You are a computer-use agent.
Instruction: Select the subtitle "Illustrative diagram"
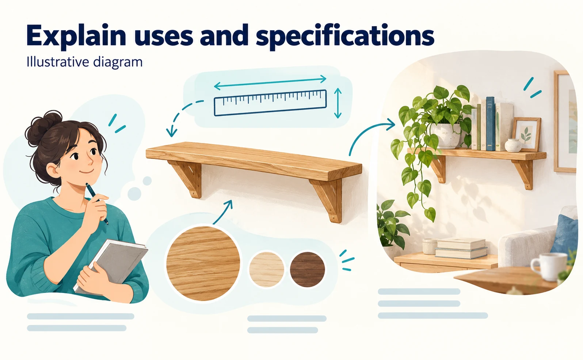click(85, 62)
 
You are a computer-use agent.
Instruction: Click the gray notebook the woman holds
click(111, 267)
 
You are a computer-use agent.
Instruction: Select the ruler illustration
click(270, 103)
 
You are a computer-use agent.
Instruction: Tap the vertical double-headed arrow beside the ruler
click(338, 103)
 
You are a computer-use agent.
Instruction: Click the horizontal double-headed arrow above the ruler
click(270, 82)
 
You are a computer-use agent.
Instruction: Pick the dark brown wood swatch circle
click(307, 269)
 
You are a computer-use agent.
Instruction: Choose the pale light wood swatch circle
click(267, 269)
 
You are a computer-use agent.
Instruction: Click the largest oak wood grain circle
click(203, 264)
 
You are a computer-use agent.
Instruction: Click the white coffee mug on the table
click(549, 266)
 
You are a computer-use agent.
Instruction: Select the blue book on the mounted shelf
click(490, 124)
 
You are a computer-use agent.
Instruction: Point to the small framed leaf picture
click(526, 134)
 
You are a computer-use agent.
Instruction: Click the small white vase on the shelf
click(513, 145)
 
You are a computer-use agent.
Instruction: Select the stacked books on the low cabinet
click(461, 248)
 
